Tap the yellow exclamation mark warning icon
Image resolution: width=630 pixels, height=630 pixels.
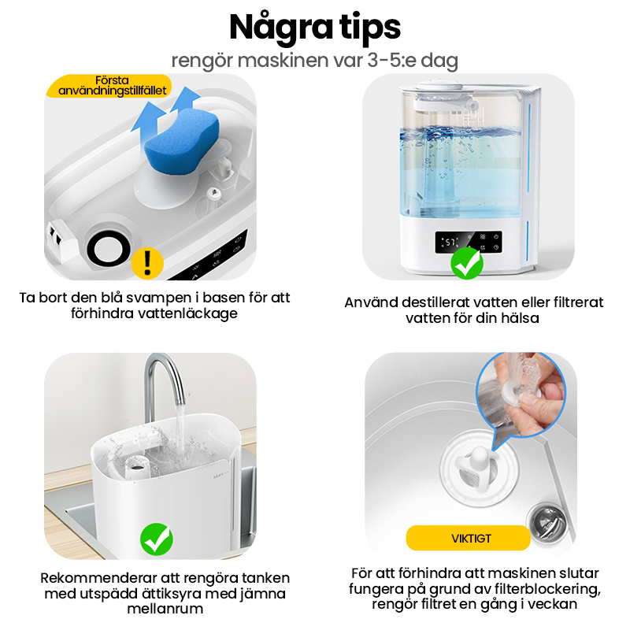147,263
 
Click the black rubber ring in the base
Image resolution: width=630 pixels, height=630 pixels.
109,250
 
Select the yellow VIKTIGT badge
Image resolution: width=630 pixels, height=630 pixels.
468,538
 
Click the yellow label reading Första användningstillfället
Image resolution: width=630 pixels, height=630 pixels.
109,86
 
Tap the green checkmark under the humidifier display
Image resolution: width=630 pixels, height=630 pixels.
467,263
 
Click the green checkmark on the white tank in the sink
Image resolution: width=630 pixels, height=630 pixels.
157,539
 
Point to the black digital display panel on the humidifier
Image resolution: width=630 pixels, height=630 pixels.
469,243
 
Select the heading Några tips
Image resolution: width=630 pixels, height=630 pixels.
315,28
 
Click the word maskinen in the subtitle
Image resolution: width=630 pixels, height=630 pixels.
283,61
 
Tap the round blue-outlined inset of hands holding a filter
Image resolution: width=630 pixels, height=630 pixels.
521,395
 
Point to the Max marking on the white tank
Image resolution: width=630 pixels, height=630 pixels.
220,476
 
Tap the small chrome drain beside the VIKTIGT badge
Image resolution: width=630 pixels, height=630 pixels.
547,521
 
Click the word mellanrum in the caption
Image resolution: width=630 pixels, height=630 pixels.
165,609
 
